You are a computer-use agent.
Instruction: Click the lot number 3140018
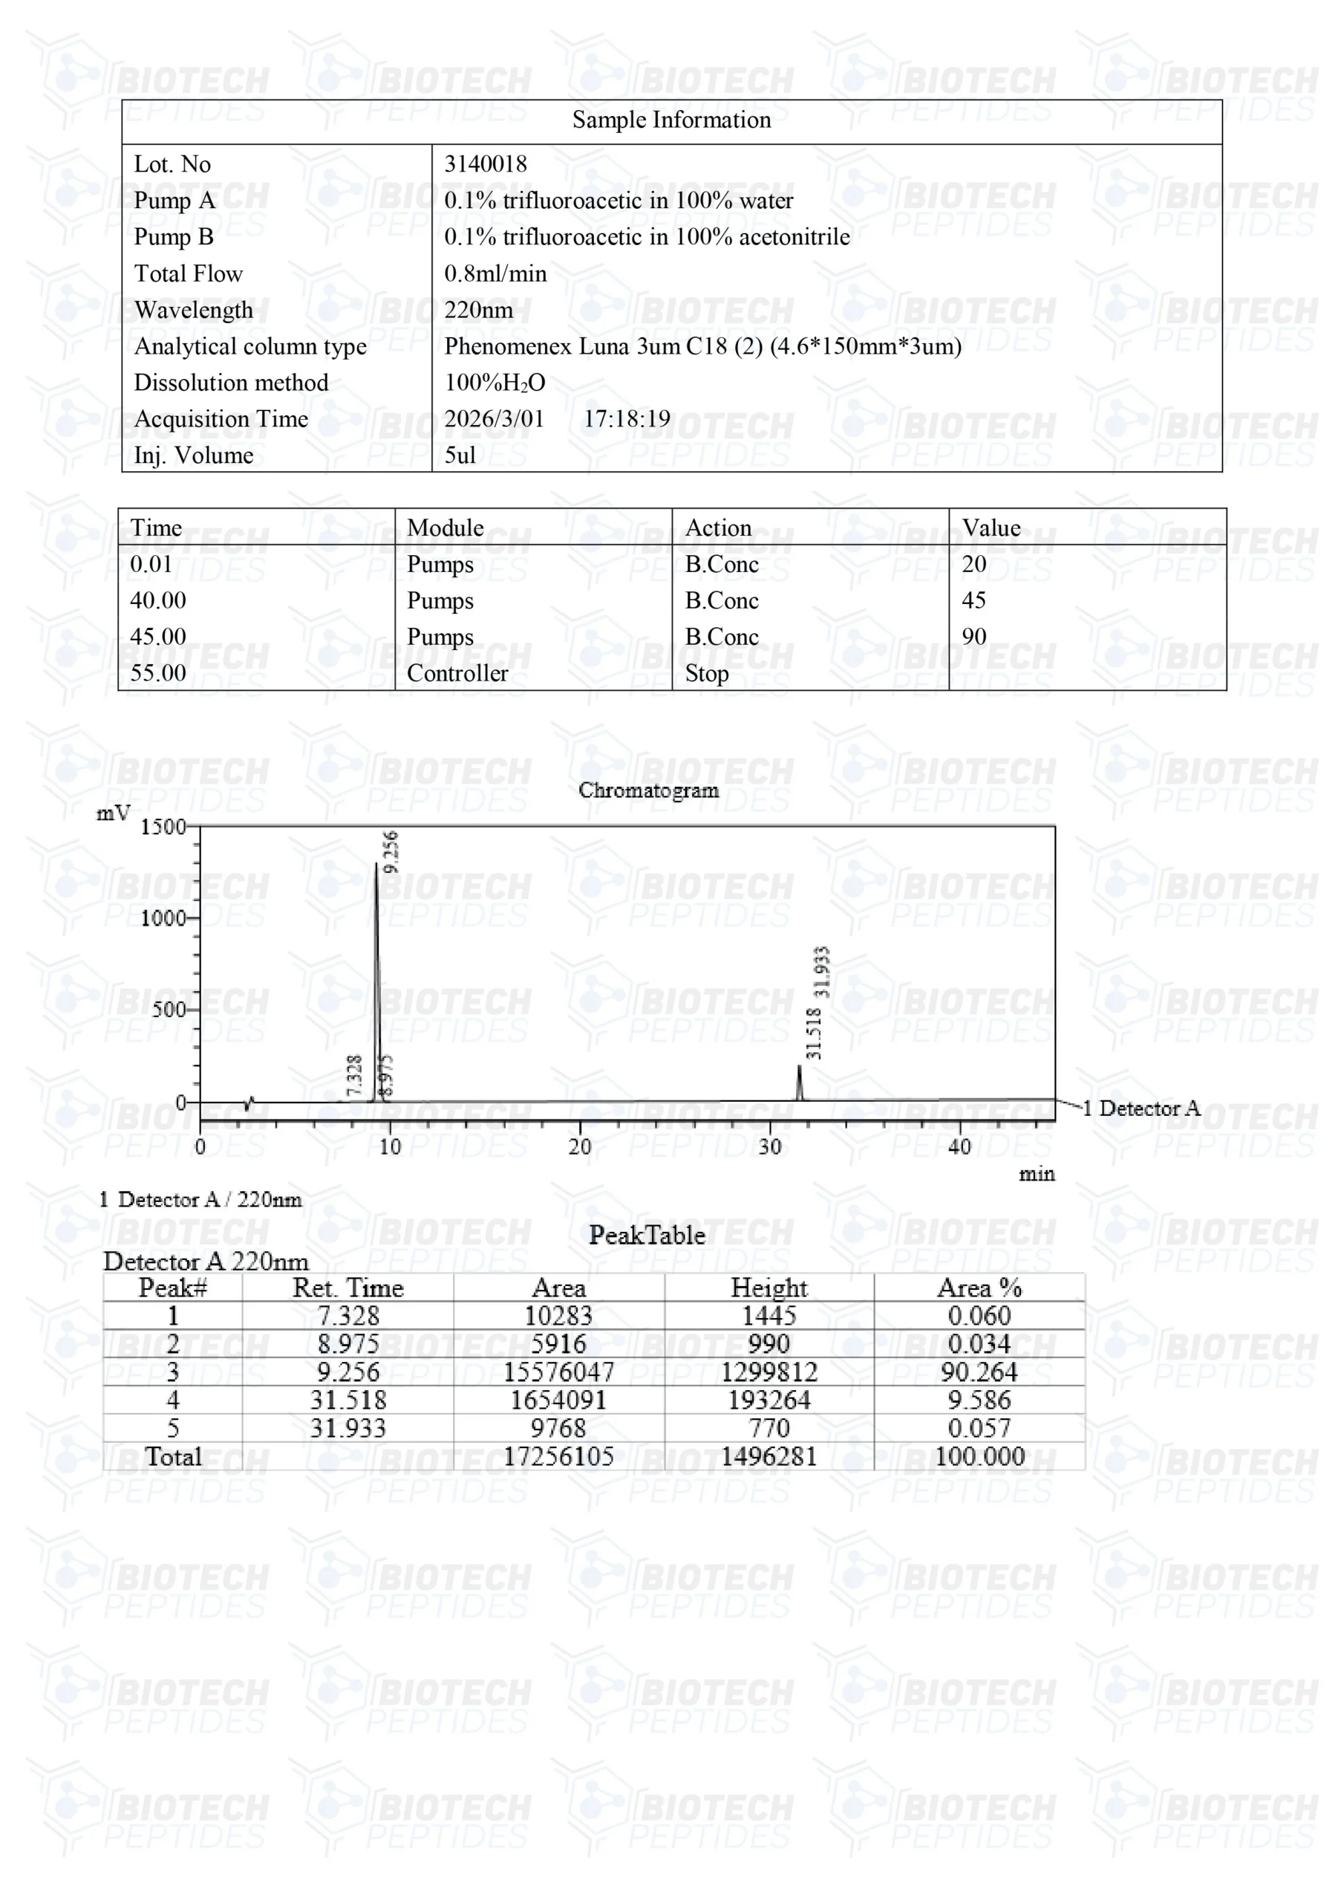point(486,164)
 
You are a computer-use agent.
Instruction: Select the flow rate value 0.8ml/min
point(495,273)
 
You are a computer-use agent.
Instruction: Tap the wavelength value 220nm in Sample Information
point(479,310)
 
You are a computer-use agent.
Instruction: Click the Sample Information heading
point(671,120)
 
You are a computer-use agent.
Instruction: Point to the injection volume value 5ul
point(460,455)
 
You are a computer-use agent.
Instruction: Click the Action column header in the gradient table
point(718,528)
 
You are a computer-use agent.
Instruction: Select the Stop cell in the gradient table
point(706,673)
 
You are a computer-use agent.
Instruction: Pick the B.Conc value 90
point(973,636)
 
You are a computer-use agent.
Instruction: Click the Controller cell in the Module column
point(457,673)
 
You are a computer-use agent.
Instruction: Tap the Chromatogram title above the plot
point(648,791)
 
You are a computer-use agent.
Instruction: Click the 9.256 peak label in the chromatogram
point(391,851)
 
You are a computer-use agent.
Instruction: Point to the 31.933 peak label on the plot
point(821,972)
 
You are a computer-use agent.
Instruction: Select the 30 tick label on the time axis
point(769,1147)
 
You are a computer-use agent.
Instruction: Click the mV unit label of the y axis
point(114,813)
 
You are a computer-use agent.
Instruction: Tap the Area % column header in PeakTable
point(979,1288)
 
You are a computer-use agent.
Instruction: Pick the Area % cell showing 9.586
point(979,1400)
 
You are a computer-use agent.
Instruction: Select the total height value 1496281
point(769,1457)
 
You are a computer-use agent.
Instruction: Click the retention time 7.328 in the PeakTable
point(348,1317)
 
